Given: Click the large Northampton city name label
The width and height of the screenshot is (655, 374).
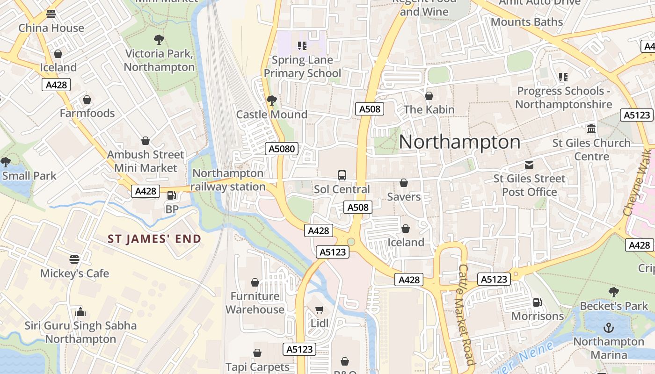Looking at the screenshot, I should pos(459,142).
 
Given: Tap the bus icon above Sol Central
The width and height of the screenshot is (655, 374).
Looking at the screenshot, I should pos(342,175).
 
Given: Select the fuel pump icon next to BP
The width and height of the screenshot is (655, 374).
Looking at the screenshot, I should pos(172,196).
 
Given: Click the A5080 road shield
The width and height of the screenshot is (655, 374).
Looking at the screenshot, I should pos(282,149).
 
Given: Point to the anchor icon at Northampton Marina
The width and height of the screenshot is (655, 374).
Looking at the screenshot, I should pos(609,328).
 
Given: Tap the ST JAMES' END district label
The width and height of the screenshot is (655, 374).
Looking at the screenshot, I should pos(154,239).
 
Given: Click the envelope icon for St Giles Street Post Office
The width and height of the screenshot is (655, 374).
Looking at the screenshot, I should pos(529,165).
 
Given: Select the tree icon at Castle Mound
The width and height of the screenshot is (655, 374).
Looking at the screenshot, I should pos(271,100).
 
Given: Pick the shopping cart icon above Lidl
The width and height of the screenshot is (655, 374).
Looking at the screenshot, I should pos(320,309).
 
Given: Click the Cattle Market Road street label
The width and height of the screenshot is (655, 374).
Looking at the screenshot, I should pos(466,315).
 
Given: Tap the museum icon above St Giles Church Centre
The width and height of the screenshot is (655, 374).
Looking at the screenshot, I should pos(591,129).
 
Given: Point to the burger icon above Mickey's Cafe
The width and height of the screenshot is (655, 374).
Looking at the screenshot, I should pos(74,259).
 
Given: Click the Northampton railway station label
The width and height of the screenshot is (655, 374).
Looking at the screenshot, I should pos(229,180).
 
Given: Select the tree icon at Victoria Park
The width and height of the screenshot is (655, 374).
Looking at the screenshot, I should pos(159,39).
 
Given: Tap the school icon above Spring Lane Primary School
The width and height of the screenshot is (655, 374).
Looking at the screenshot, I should pos(302,46).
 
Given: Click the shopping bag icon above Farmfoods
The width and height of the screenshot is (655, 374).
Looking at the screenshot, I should pos(87,99).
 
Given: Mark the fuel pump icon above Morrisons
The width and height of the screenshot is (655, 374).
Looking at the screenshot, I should pos(538,302).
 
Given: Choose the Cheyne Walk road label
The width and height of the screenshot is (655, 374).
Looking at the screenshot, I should pos(640,182).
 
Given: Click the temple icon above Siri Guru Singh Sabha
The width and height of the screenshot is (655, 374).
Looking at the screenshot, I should pos(80,311).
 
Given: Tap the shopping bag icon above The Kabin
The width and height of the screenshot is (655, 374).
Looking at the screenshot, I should pos(429,95).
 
